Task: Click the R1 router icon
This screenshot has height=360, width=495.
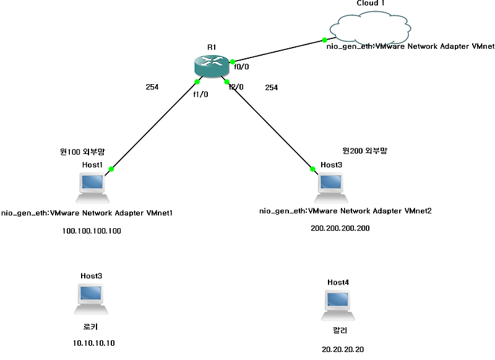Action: (x=212, y=66)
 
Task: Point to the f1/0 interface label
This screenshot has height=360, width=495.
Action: (x=201, y=95)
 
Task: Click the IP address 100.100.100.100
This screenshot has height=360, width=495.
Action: (x=92, y=231)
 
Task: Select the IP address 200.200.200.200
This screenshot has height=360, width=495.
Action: (x=340, y=228)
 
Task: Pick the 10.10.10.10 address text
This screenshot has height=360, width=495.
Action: (x=93, y=343)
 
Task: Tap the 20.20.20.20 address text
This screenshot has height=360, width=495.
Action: (x=343, y=349)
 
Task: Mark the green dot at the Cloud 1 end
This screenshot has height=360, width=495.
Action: (x=333, y=40)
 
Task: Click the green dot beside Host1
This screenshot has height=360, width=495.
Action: (x=111, y=169)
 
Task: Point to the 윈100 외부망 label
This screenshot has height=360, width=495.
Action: (x=82, y=151)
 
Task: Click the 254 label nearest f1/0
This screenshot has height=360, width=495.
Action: (x=152, y=87)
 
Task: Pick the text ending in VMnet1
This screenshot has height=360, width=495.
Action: (x=86, y=213)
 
